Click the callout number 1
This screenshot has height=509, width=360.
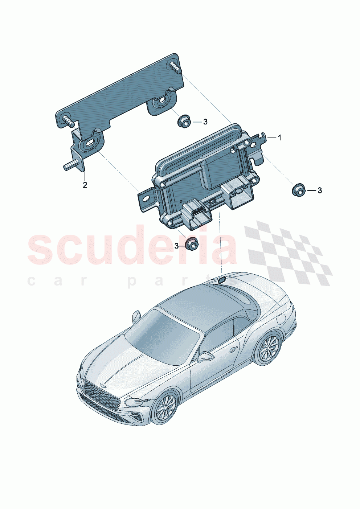[x=279, y=137]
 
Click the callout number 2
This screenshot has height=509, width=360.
[x=85, y=185]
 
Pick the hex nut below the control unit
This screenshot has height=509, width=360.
[x=191, y=243]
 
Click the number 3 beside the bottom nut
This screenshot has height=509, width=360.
[x=177, y=246]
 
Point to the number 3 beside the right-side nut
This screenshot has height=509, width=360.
[x=319, y=190]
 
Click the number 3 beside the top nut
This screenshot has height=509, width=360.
[x=205, y=122]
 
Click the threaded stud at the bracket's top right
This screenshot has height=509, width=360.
[x=176, y=68]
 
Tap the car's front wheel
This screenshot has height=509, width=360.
[x=165, y=408]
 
